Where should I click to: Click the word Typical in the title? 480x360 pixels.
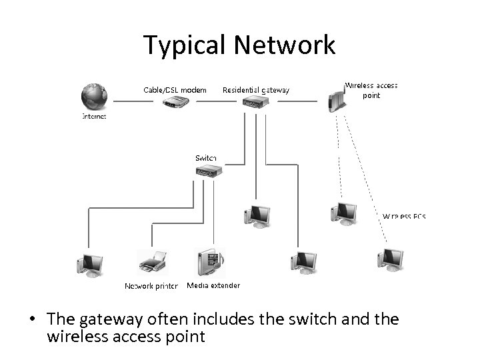[x=185, y=45]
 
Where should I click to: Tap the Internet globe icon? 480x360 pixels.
[x=93, y=97]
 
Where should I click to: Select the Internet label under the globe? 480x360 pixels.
[x=94, y=115]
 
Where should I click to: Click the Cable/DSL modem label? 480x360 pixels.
[x=175, y=89]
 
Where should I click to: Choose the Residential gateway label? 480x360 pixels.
[x=256, y=89]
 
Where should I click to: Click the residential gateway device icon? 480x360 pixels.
[x=255, y=103]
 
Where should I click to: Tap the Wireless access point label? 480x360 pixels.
[x=371, y=90]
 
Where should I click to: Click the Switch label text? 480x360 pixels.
[x=206, y=157]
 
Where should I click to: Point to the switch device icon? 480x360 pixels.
[x=207, y=171]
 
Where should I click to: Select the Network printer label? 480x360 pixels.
[x=151, y=286]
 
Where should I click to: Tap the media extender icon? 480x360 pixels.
[x=211, y=261]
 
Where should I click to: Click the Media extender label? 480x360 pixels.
[x=213, y=285]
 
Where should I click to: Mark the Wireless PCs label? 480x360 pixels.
[x=404, y=217]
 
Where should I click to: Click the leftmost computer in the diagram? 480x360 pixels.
[x=89, y=263]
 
